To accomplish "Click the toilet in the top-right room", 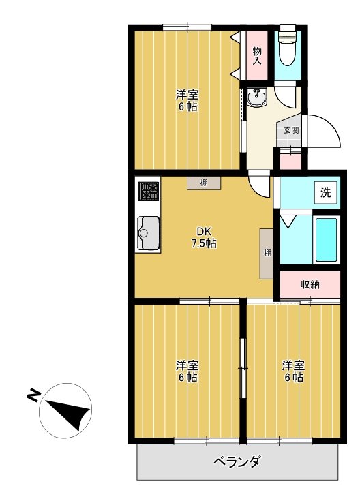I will pyautogui.click(x=287, y=47).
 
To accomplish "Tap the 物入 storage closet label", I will pyautogui.click(x=257, y=55).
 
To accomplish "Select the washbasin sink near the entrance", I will pyautogui.click(x=258, y=100).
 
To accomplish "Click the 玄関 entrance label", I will pyautogui.click(x=290, y=130).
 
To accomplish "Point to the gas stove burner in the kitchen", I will pyautogui.click(x=147, y=192).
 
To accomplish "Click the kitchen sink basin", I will pyautogui.click(x=147, y=234).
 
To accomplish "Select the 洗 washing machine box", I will pyautogui.click(x=325, y=192).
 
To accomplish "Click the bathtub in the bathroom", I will pyautogui.click(x=327, y=241).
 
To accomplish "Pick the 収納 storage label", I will pyautogui.click(x=310, y=284).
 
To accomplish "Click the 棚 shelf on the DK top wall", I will pyautogui.click(x=204, y=183).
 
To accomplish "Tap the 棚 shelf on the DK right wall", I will pyautogui.click(x=267, y=253).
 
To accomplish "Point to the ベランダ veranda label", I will pyautogui.click(x=237, y=463).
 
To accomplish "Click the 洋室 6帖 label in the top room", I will pyautogui.click(x=187, y=100).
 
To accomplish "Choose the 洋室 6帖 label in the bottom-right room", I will pyautogui.click(x=293, y=371).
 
